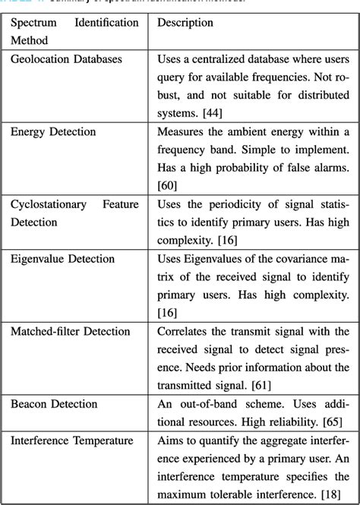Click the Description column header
[x=185, y=23]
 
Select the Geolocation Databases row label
[x=66, y=58]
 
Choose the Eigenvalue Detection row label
[x=62, y=259]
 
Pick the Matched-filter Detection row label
[x=71, y=332]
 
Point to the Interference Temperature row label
[x=72, y=440]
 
